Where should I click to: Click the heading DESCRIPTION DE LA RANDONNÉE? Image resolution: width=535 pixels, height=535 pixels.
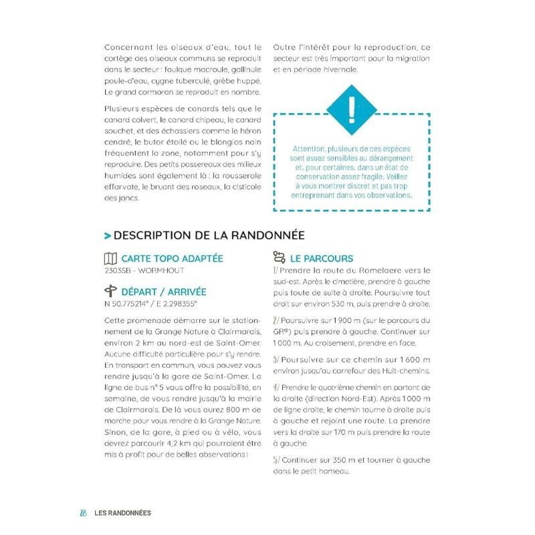coord(209,235)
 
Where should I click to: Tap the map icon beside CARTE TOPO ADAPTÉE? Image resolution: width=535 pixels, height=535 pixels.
coord(111,259)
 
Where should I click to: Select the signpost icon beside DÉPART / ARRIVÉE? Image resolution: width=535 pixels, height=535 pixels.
coord(111,292)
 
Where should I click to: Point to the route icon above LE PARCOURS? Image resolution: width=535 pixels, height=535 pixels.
coord(279,256)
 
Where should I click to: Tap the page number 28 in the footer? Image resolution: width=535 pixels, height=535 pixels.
coord(84,513)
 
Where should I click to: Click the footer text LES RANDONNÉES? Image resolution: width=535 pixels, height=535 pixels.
coord(122,513)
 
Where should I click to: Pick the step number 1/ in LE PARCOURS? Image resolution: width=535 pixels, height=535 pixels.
coord(276,270)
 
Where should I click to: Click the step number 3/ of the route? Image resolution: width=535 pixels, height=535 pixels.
coord(276,358)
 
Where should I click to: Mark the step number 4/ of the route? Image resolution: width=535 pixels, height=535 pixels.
coord(276,388)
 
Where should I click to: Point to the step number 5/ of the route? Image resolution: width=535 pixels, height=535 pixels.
coord(276,460)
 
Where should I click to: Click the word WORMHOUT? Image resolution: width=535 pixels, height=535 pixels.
coord(164,271)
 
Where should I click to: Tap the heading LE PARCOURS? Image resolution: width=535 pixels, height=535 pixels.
coord(322,259)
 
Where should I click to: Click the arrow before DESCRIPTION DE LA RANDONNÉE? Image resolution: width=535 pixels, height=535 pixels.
coord(108,236)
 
